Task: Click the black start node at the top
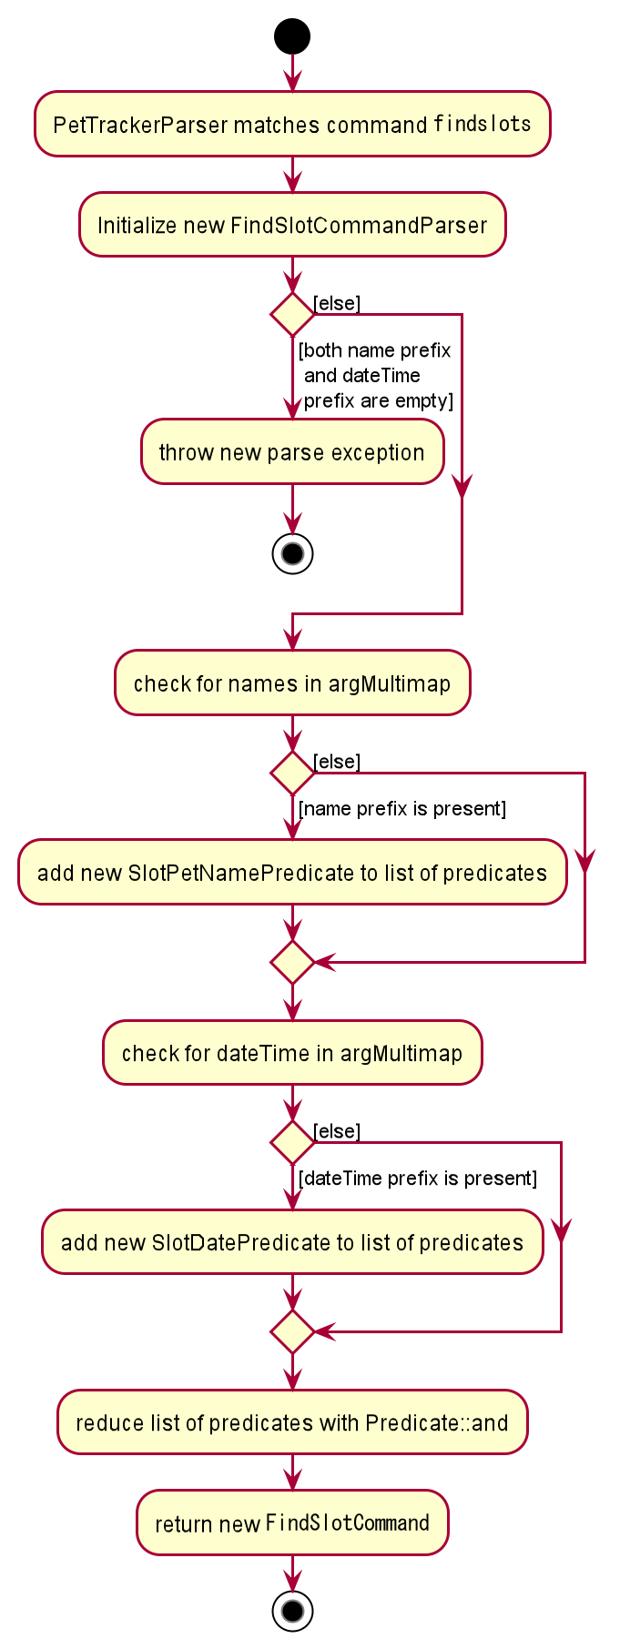pos(292,36)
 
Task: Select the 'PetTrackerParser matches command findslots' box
pos(292,124)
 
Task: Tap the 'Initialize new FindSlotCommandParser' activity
pos(292,225)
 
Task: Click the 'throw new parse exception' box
pos(292,451)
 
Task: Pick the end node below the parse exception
pos(292,553)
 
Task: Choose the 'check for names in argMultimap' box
pos(292,683)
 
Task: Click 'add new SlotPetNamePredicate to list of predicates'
pos(292,872)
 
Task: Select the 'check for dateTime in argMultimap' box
pos(292,1052)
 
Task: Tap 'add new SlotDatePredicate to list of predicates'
pos(292,1241)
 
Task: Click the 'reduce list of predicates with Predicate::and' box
pos(292,1421)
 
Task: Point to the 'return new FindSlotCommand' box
pos(292,1523)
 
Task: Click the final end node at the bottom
pos(292,1611)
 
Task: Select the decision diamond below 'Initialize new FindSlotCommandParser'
pos(292,314)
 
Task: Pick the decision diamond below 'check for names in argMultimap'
pos(292,773)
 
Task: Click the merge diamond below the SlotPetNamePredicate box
pos(292,962)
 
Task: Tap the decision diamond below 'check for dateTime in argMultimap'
pos(292,1142)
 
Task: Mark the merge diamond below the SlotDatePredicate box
pos(292,1331)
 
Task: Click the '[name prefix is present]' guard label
pos(402,808)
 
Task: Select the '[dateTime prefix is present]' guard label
pos(418,1178)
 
